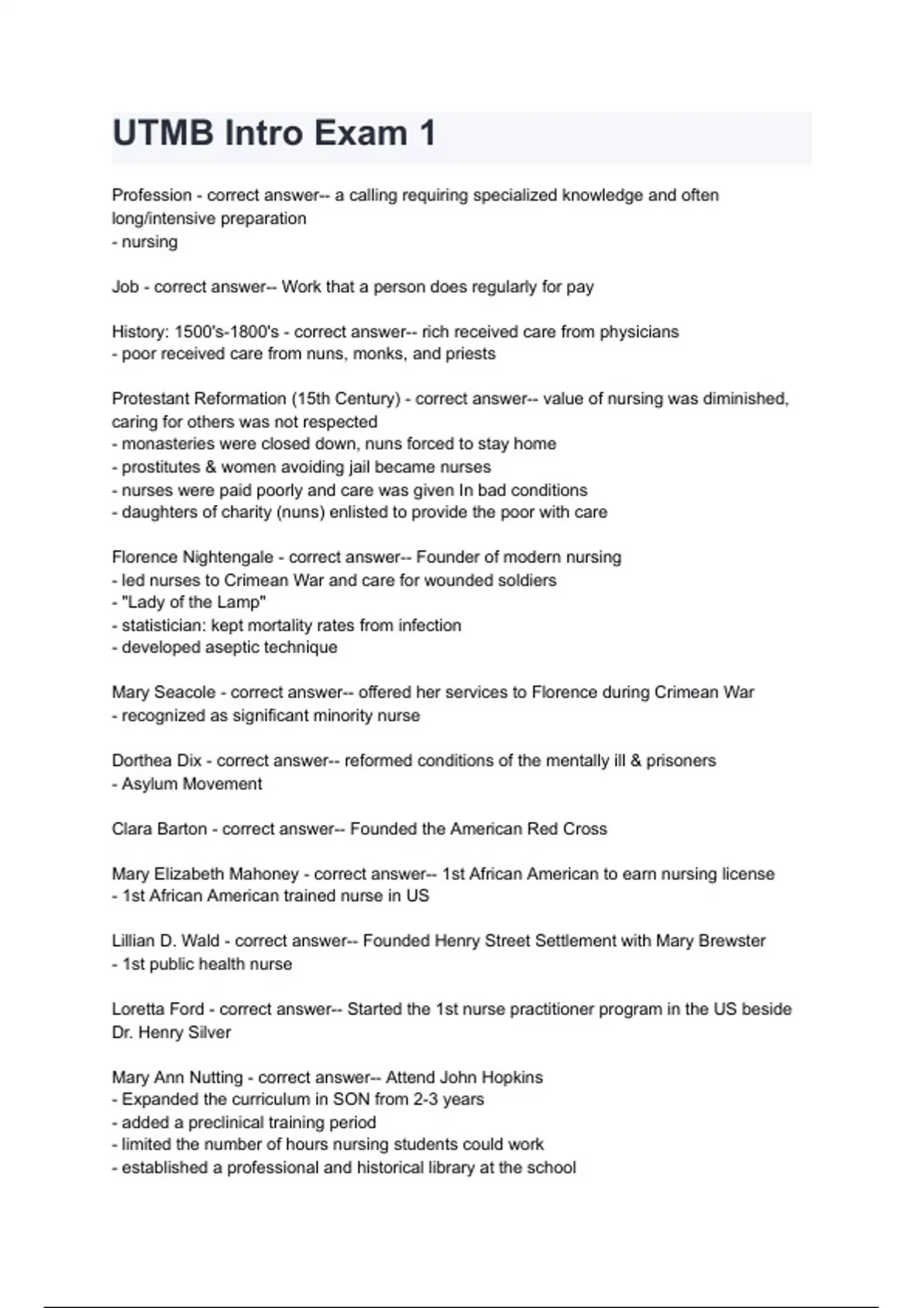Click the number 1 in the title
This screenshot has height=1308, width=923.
tap(427, 134)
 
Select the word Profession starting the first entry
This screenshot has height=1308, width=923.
tap(152, 195)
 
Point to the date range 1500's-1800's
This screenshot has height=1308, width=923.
tap(227, 332)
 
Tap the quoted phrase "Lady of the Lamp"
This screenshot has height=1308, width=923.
tap(194, 602)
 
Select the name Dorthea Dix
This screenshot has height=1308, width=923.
tap(156, 761)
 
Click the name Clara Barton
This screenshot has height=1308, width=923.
tap(159, 829)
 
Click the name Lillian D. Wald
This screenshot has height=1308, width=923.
tap(165, 941)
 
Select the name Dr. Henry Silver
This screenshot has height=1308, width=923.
tap(171, 1033)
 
